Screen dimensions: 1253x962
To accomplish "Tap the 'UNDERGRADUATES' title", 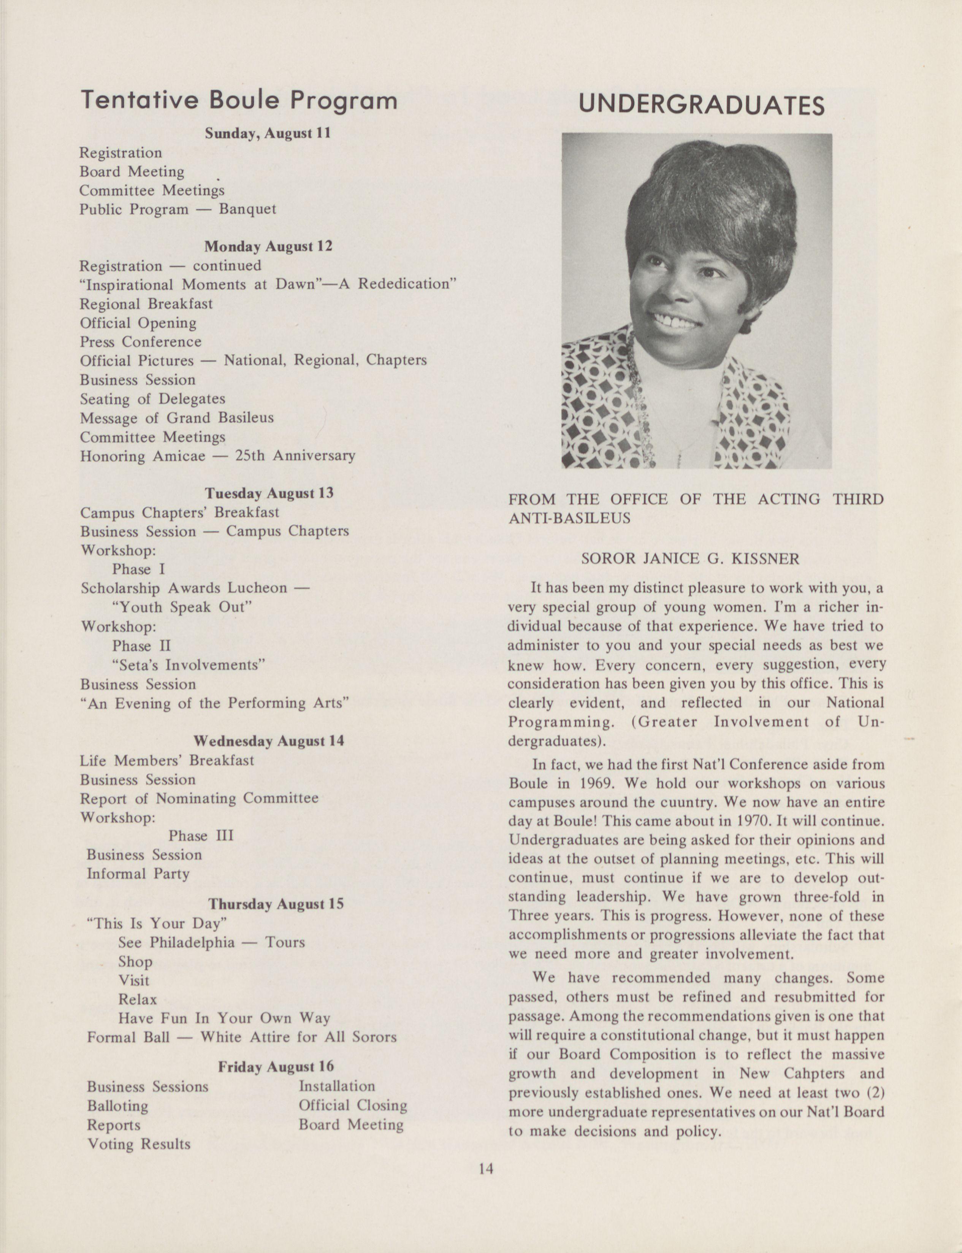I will click(702, 105).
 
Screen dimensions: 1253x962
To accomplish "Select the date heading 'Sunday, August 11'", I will click(268, 133).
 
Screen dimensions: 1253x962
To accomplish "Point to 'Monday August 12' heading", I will click(268, 247).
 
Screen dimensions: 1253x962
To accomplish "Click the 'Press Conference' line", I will click(140, 342).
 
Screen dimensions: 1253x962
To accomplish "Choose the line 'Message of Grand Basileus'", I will click(176, 418).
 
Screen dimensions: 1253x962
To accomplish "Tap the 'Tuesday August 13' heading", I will click(269, 493).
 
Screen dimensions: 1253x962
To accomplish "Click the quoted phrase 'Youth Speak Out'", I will click(182, 607).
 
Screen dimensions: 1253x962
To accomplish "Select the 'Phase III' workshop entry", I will click(200, 836).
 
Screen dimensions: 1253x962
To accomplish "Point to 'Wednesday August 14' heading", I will click(269, 741).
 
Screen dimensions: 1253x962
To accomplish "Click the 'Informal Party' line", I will click(138, 874).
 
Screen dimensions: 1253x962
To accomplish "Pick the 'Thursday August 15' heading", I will click(276, 904).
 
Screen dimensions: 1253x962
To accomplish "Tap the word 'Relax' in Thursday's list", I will click(138, 999).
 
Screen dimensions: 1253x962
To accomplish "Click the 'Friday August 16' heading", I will click(276, 1067).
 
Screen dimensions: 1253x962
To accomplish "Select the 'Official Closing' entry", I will click(353, 1105).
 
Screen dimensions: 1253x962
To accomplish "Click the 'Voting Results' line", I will click(139, 1144).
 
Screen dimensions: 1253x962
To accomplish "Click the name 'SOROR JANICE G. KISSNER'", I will click(690, 559).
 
